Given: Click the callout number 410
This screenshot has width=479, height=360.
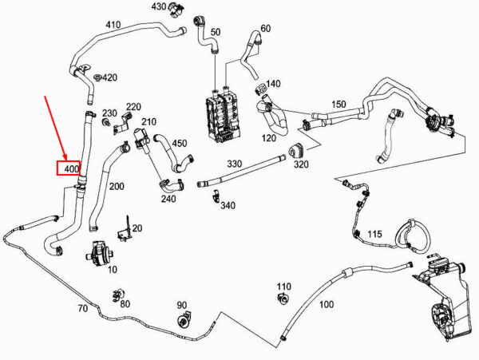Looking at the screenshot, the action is (113, 25).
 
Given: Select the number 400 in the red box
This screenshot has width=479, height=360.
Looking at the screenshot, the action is (72, 169).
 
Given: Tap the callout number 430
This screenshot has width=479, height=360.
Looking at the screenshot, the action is (159, 7).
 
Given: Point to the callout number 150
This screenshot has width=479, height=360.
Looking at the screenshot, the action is (338, 105).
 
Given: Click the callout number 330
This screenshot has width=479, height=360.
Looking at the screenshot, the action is (234, 164).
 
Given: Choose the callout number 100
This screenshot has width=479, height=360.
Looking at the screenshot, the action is (326, 304).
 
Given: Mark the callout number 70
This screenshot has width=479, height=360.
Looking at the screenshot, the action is (81, 308).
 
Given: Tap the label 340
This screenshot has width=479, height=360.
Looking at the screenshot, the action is (228, 206).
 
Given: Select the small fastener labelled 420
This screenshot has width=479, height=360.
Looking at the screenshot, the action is (96, 77).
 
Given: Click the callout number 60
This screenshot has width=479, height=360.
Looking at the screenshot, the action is (266, 29).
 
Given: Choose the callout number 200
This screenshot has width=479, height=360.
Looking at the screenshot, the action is (117, 187).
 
